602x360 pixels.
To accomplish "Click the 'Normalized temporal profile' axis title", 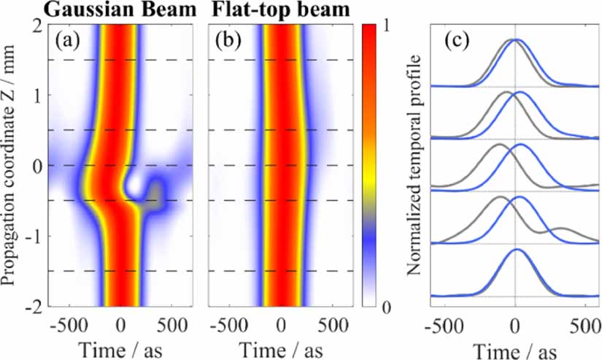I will (x=414, y=164).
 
